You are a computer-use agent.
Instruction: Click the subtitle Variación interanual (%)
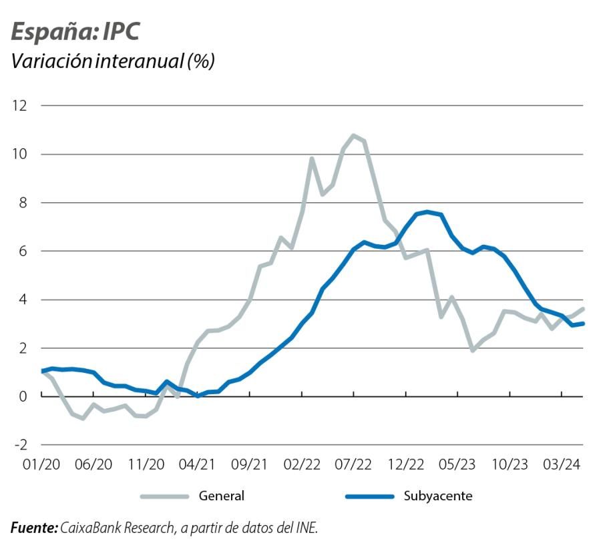point(112,61)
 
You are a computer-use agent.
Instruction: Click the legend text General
point(221,496)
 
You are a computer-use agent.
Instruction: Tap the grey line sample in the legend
point(163,496)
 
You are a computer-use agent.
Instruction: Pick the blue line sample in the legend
point(369,496)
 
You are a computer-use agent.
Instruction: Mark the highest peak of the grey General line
point(353,135)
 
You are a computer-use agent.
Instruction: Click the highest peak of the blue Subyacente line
point(427,212)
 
